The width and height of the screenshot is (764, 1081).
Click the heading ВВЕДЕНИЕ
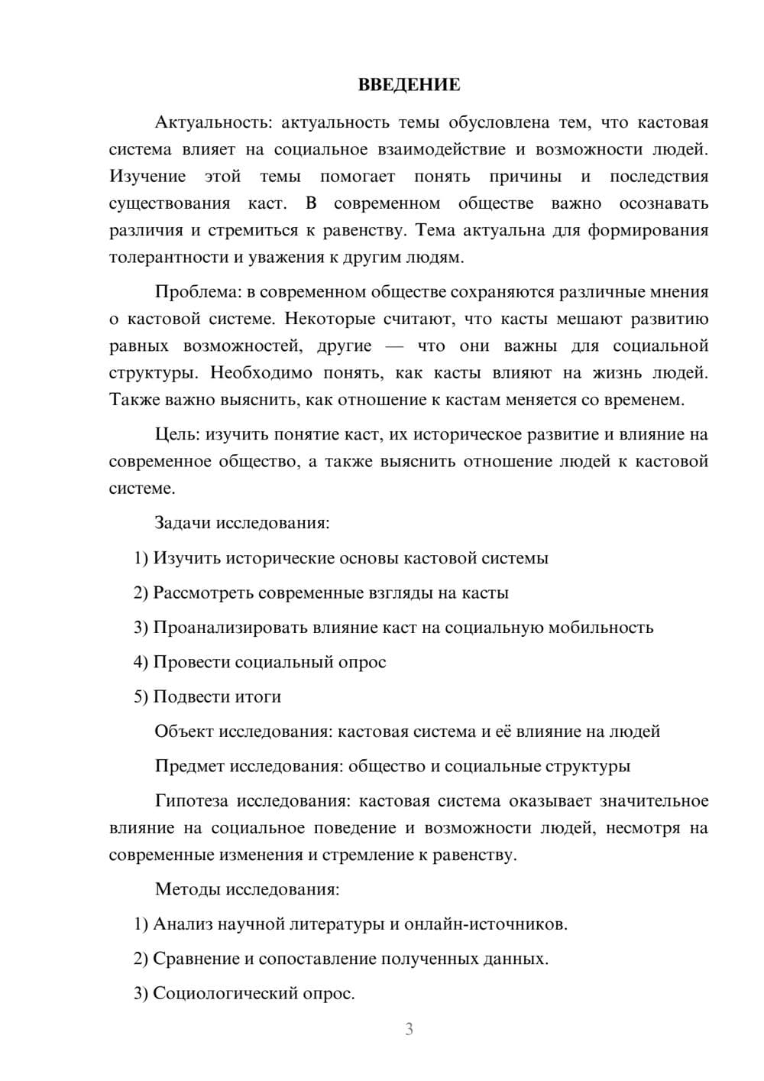coord(409,85)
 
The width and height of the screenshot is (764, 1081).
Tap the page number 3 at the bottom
coord(409,1029)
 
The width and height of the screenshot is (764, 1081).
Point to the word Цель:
coord(178,434)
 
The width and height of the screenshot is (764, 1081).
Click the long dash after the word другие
coord(394,346)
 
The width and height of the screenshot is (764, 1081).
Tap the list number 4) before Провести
coord(141,662)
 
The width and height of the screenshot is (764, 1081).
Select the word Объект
coord(184,732)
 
